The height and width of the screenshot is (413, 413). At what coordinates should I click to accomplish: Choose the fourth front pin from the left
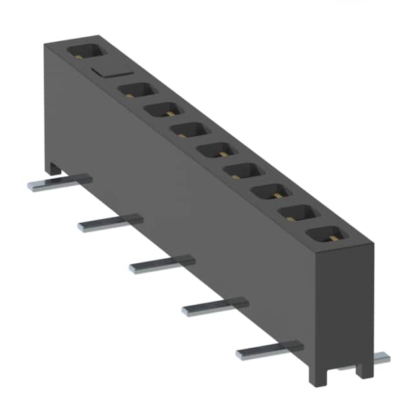point(214,306)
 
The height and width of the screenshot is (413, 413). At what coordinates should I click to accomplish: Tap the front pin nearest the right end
point(268,349)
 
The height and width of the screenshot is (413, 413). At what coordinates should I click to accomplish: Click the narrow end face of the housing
point(346,303)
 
